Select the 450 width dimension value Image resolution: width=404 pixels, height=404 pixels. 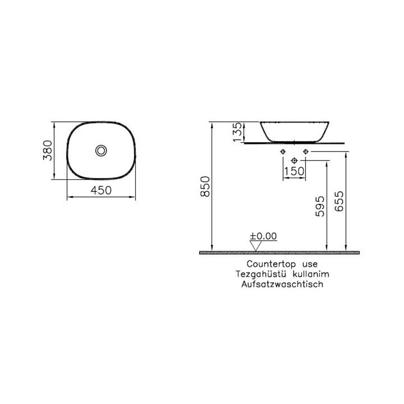point(100,191)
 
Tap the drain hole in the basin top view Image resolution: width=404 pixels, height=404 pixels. point(101,150)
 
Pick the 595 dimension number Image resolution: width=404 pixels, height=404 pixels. point(321,206)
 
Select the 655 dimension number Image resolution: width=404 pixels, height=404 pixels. point(340,202)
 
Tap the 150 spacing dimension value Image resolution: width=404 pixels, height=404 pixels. point(294,171)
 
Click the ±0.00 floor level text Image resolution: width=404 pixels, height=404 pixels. point(263,236)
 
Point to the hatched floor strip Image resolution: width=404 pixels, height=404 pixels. point(280,253)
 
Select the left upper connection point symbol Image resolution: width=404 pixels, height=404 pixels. point(282,151)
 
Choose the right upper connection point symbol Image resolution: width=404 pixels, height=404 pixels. point(305,151)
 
